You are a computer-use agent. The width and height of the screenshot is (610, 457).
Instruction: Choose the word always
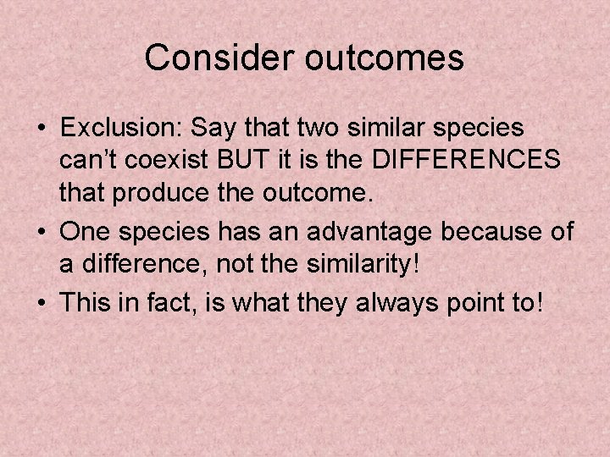click(x=380, y=300)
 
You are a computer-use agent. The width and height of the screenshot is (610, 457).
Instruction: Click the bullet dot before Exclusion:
click(x=42, y=129)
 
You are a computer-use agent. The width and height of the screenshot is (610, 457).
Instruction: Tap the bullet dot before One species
click(x=42, y=232)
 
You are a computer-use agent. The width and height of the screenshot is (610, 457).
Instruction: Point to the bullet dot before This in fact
click(x=42, y=301)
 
